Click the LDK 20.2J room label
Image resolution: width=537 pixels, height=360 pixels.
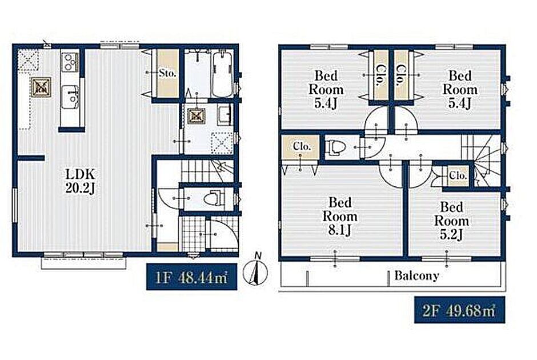click(80, 182)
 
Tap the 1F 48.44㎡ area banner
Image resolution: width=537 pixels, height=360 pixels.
click(192, 277)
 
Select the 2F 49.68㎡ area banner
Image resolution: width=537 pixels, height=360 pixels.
click(460, 310)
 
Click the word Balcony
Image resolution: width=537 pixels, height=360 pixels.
click(416, 275)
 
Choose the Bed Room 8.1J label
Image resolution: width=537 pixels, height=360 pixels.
click(340, 216)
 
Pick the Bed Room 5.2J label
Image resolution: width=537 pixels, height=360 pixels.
click(452, 221)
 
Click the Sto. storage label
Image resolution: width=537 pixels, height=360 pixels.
click(167, 73)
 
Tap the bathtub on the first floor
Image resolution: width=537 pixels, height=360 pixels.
click(223, 74)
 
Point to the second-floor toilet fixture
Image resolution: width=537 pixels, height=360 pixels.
click(335, 147)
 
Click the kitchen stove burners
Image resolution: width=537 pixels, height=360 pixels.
click(70, 62)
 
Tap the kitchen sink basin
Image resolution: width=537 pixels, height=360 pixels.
click(70, 97)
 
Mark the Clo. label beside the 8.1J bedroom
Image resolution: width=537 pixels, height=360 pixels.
click(302, 146)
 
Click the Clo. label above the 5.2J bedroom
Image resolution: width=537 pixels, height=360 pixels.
click(458, 176)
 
